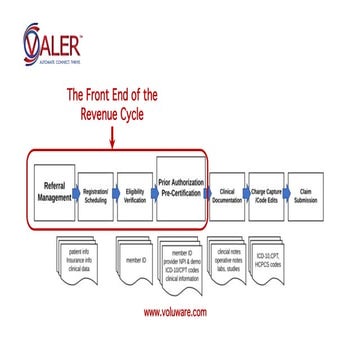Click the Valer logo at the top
point(54,44)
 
